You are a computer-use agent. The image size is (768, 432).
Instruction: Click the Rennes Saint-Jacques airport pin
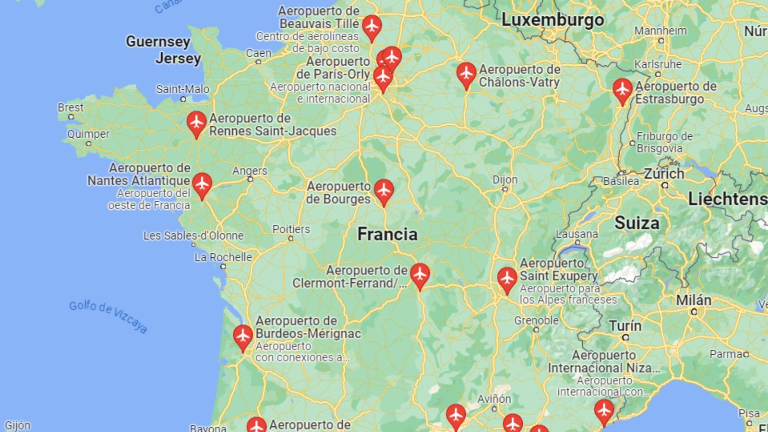click(x=196, y=123)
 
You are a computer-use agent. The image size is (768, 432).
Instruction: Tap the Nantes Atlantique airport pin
click(x=202, y=184)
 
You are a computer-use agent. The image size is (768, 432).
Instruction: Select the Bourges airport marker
click(x=384, y=191)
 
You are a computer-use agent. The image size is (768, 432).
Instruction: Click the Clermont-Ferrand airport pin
click(x=420, y=275)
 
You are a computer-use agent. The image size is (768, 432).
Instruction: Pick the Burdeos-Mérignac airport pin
click(x=243, y=336)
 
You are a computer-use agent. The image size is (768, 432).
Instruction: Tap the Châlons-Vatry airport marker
click(x=466, y=74)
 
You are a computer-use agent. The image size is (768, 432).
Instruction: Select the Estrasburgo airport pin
click(x=623, y=90)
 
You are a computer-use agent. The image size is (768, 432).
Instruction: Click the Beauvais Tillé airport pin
click(x=372, y=26)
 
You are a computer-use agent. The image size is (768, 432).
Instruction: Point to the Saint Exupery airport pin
click(x=507, y=279)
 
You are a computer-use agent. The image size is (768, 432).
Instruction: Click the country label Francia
click(x=387, y=234)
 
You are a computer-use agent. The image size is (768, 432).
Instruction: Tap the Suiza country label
click(x=637, y=223)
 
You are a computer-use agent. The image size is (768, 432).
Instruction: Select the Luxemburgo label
click(x=552, y=20)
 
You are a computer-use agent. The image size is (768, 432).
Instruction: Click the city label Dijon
click(x=505, y=180)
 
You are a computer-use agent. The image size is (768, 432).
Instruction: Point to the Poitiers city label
click(x=291, y=229)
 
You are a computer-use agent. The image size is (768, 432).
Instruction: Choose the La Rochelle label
click(x=223, y=257)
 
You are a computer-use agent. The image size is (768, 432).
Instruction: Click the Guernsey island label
click(x=158, y=42)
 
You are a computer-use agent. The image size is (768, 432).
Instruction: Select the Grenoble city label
click(x=536, y=320)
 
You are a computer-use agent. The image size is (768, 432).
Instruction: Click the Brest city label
click(x=71, y=108)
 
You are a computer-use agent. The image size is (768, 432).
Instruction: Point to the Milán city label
click(x=694, y=300)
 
